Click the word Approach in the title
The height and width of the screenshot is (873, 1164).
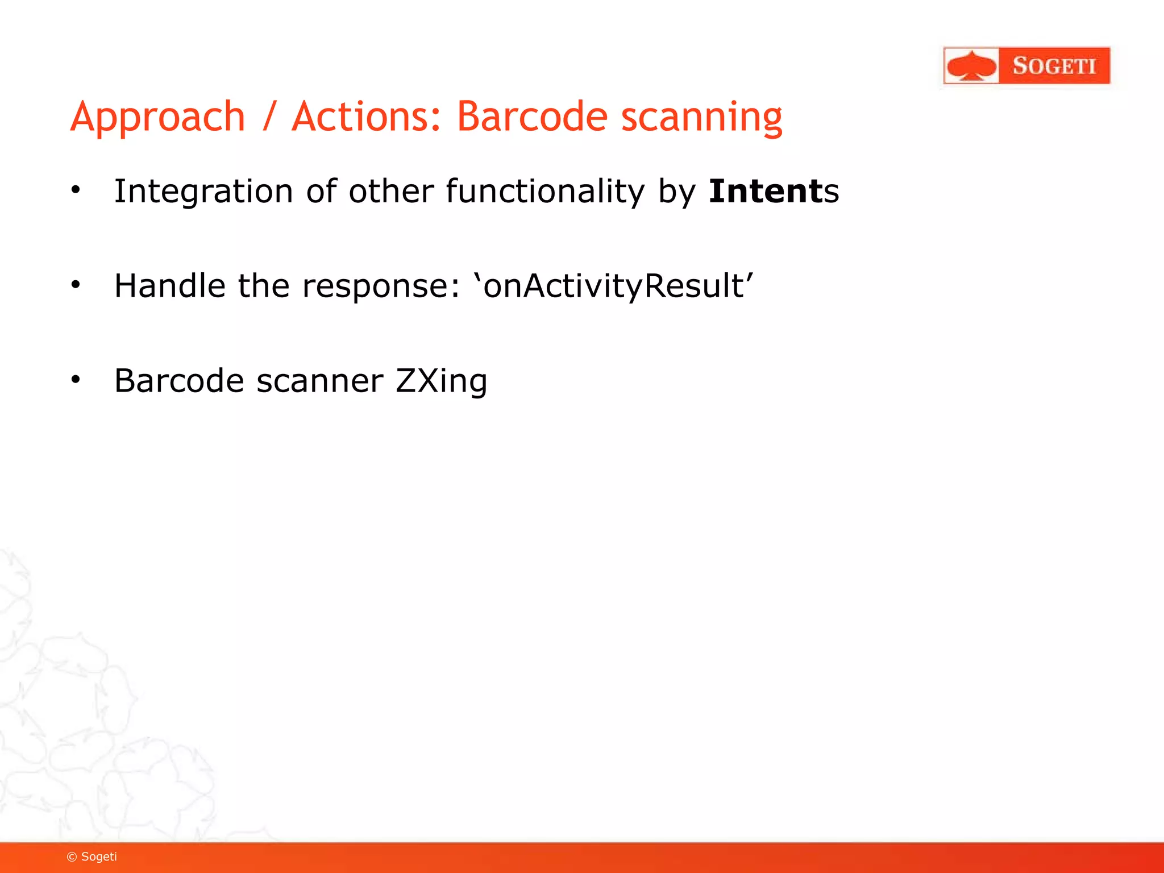click(x=157, y=117)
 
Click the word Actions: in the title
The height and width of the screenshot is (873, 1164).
click(x=366, y=117)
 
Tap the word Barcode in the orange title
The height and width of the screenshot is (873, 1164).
click(x=532, y=117)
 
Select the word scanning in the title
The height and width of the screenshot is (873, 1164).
click(x=701, y=117)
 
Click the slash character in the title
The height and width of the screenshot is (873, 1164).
click(x=269, y=117)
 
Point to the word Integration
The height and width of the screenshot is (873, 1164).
click(x=203, y=191)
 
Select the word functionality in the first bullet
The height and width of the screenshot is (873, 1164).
click(x=545, y=191)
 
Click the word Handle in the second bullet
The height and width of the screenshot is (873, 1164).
click(x=169, y=285)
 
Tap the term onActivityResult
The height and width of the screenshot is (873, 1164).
click(x=614, y=285)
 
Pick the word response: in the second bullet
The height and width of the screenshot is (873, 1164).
click(x=380, y=285)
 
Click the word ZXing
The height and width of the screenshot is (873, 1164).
click(x=441, y=380)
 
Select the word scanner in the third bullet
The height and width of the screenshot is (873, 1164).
click(x=319, y=380)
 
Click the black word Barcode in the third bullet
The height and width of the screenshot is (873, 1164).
click(x=178, y=380)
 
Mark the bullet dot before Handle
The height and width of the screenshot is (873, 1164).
click(x=76, y=285)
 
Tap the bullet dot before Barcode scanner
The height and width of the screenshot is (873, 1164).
click(x=76, y=380)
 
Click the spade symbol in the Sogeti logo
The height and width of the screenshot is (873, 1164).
click(x=972, y=66)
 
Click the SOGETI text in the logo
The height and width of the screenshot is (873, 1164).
click(x=1054, y=66)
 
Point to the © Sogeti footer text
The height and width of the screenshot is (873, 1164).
click(x=92, y=857)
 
